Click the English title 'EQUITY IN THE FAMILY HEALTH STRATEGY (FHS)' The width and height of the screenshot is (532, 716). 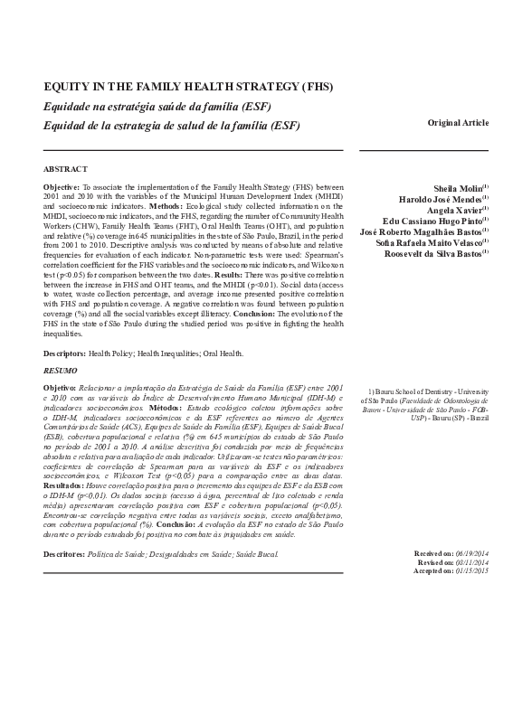click(x=188, y=88)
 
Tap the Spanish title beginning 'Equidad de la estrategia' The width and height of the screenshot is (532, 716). click(x=172, y=125)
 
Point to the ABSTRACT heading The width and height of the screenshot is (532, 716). click(x=66, y=169)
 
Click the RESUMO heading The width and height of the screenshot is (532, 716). click(x=61, y=371)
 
